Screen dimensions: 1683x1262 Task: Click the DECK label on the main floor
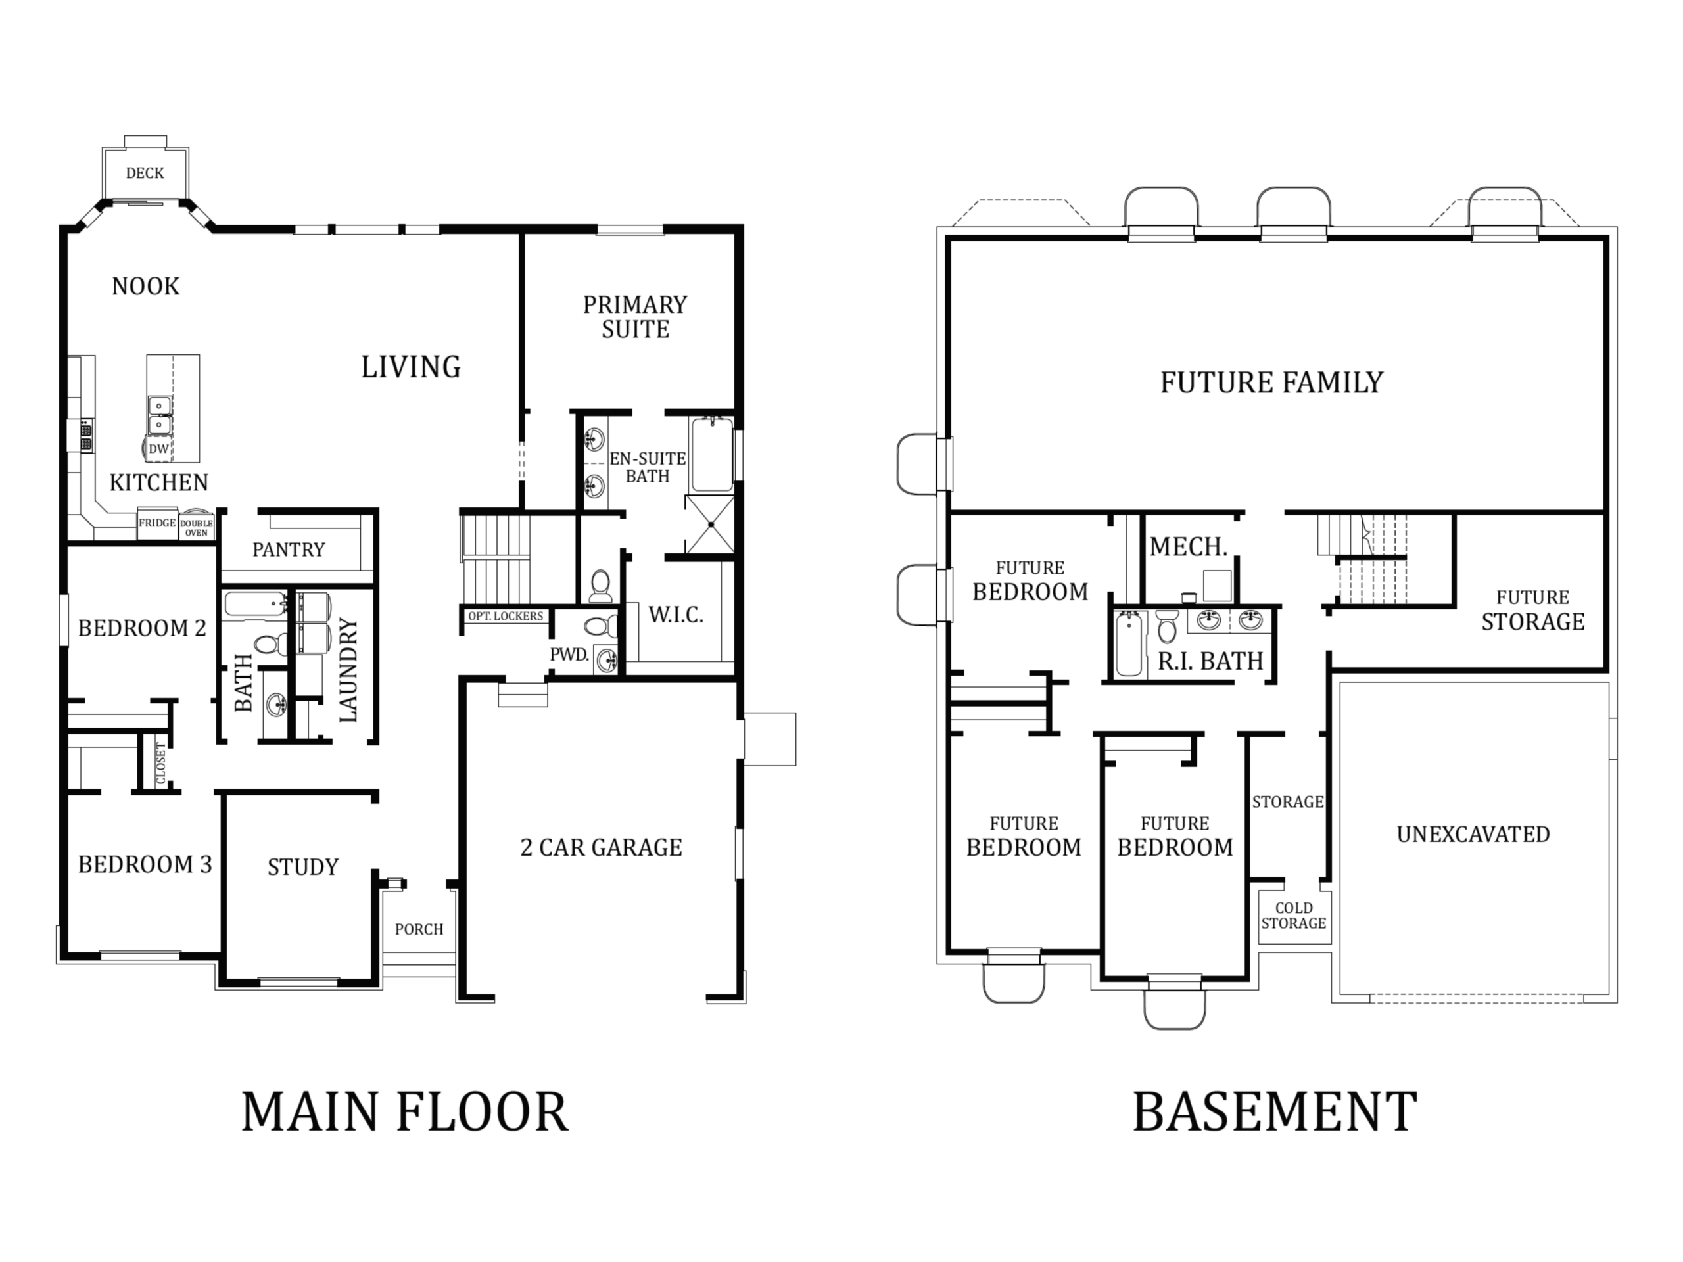point(145,174)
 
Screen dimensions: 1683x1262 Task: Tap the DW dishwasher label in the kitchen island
point(158,449)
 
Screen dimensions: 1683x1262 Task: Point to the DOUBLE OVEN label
point(197,528)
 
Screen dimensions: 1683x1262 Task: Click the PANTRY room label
point(289,550)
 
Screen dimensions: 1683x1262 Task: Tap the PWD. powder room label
point(569,654)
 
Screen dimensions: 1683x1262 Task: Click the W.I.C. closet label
point(676,615)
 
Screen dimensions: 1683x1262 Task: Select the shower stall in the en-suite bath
point(710,524)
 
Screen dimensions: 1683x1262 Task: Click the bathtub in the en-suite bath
point(712,454)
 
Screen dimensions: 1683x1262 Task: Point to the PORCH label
point(419,929)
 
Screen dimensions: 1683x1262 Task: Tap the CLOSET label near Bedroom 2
point(160,763)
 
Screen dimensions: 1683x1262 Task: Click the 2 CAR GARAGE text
point(601,847)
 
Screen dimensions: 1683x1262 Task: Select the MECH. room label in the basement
point(1189,546)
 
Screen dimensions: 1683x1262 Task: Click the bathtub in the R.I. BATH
point(1129,643)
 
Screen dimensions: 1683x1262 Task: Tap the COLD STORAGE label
point(1293,916)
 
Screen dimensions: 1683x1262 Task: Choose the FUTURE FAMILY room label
point(1271,382)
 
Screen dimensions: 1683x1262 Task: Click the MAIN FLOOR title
point(405,1112)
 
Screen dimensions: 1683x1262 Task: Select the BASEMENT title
point(1275,1112)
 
